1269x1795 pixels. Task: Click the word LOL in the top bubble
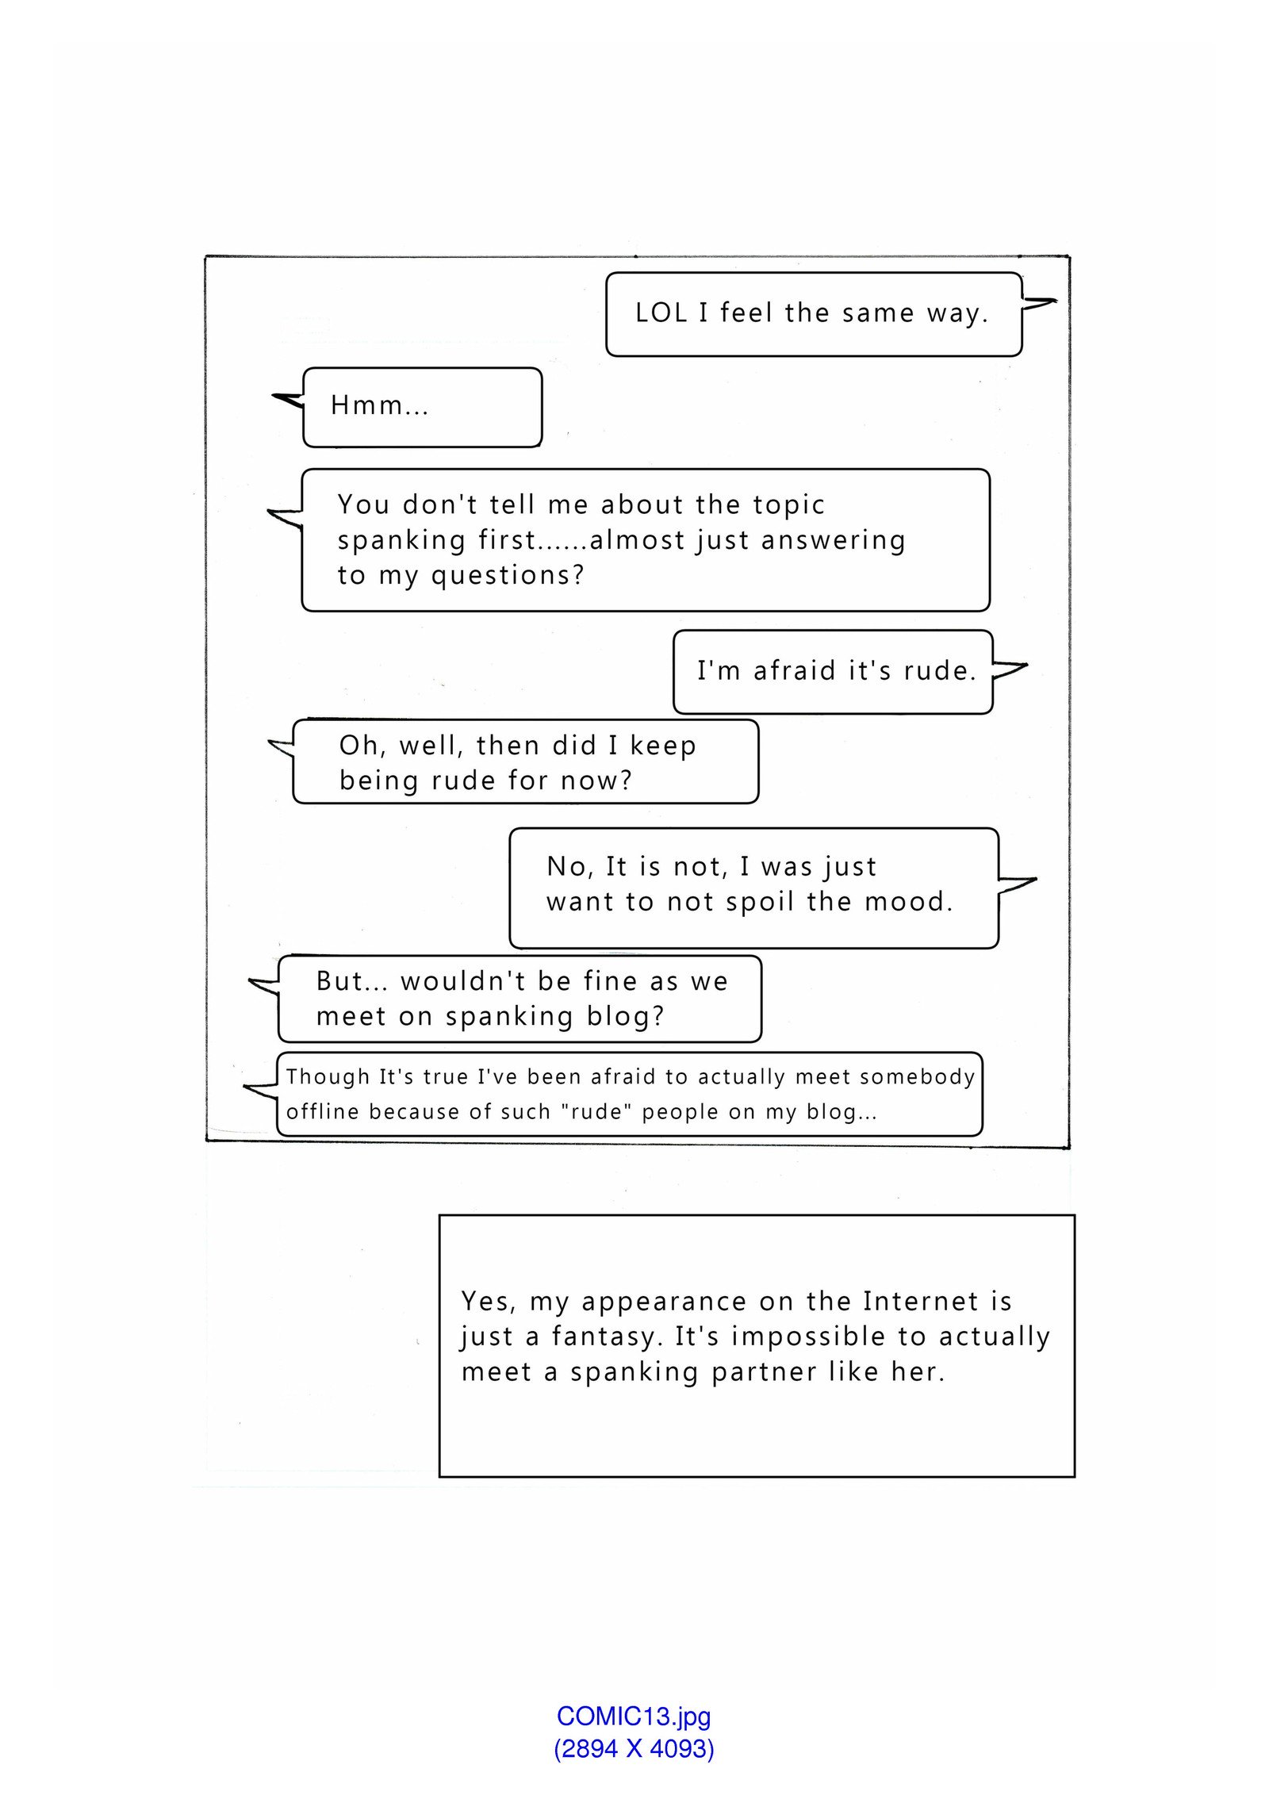click(x=661, y=313)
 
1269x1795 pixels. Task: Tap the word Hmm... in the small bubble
click(x=379, y=405)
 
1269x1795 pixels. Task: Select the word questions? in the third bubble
click(x=508, y=576)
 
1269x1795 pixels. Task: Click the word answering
click(x=833, y=541)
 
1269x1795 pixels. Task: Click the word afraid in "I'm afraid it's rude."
click(x=795, y=671)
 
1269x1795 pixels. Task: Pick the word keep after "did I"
click(x=663, y=746)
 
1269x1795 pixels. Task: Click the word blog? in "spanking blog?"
click(x=625, y=1016)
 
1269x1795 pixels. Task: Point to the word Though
click(x=328, y=1077)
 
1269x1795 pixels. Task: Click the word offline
click(x=322, y=1112)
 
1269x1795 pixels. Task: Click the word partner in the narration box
click(x=764, y=1371)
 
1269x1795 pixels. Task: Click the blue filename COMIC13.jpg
click(x=633, y=1716)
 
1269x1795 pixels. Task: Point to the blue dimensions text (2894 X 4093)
click(x=633, y=1748)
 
